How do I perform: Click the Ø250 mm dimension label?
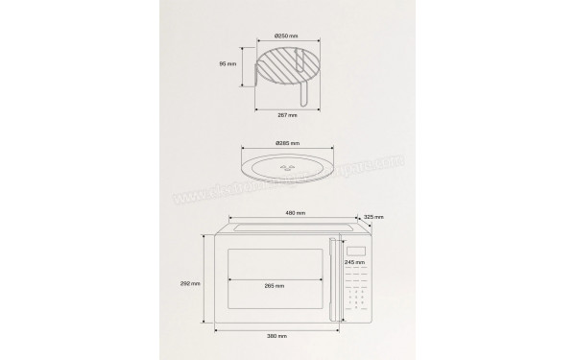[x=286, y=36]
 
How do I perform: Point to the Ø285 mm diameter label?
[x=286, y=143]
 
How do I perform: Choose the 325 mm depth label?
[x=374, y=217]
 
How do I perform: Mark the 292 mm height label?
[x=191, y=283]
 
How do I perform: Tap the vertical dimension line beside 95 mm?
[x=243, y=65]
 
